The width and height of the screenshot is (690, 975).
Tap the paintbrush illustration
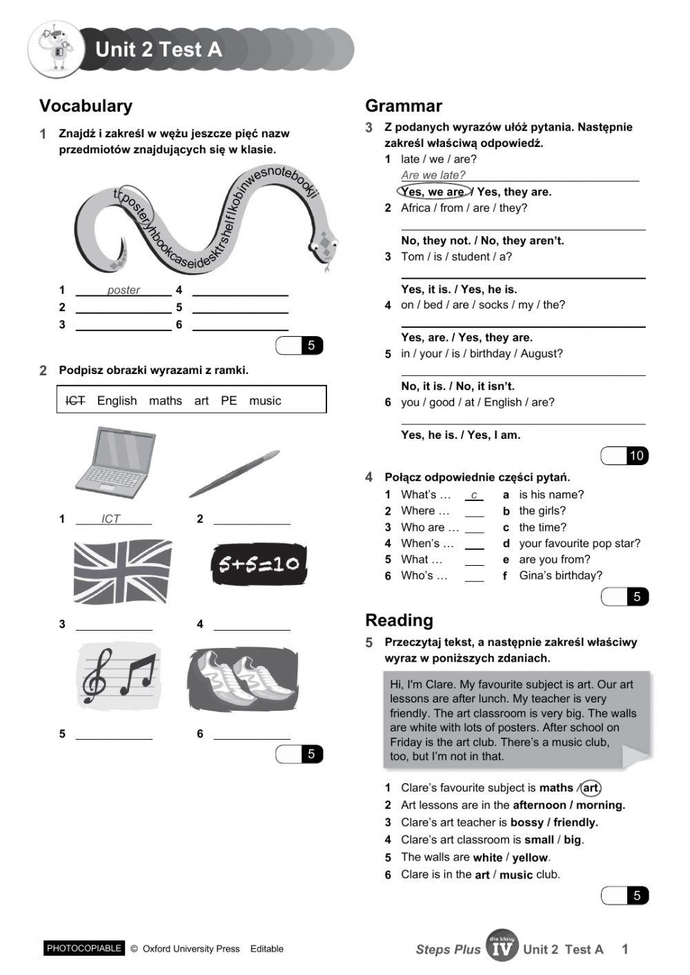234,474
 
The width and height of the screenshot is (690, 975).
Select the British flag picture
122,572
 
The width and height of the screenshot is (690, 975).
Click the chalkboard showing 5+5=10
259,565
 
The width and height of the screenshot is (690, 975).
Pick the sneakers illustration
243,680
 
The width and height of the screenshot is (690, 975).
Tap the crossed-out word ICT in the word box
75,401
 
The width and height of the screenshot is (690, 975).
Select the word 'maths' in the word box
165,401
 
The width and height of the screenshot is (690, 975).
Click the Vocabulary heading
86,106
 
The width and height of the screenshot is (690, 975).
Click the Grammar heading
404,106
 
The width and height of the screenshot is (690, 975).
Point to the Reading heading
399,620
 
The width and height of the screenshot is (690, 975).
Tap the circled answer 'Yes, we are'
434,192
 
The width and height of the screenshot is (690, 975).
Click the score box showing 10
635,455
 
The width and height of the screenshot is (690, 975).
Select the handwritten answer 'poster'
124,290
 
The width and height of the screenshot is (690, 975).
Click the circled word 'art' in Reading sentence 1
591,787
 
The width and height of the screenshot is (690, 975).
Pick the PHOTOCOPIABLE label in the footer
84,948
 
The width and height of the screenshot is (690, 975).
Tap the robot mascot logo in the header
55,49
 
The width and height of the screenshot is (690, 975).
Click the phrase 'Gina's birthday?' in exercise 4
560,575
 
